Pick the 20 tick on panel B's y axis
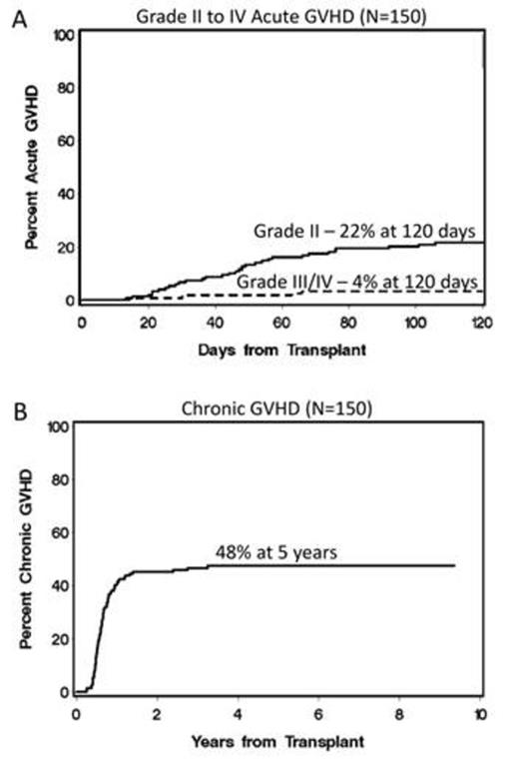(x=61, y=638)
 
